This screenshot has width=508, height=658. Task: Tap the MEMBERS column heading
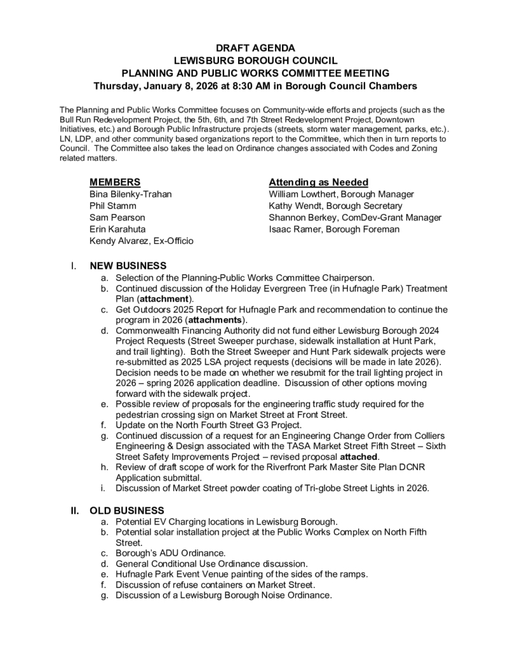point(116,182)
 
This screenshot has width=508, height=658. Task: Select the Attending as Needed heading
point(318,182)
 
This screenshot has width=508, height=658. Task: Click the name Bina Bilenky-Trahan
point(131,194)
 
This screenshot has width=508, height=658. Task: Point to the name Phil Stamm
point(113,206)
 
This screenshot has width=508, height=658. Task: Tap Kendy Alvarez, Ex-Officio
point(142,241)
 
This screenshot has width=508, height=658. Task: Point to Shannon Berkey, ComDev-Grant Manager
point(355,217)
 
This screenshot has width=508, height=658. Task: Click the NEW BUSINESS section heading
point(128,266)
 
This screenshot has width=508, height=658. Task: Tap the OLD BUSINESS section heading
point(127,510)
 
